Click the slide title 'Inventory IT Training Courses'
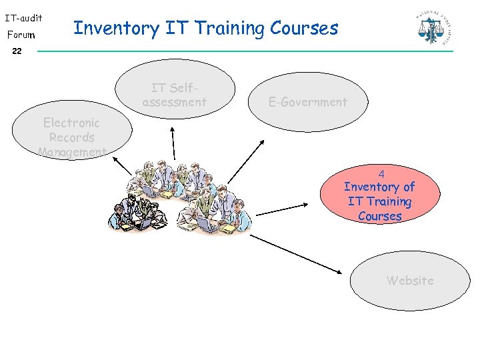pos(205,28)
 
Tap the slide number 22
pos(17,51)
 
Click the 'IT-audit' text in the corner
pos(23,18)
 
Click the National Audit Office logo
pos(432,27)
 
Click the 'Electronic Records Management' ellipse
pos(71,137)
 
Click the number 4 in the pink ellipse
pos(381,173)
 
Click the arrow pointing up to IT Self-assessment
pos(173,143)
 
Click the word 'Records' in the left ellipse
pos(71,137)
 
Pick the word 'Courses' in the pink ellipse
pos(379,216)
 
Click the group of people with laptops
pos(180,197)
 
